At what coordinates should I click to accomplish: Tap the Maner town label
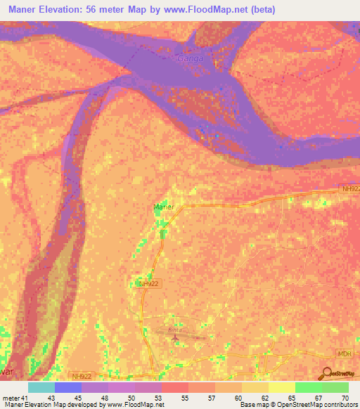163,207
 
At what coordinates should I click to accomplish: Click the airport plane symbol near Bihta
175,340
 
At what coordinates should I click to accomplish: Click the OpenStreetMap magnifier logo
328,374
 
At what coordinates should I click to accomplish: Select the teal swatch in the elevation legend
41,387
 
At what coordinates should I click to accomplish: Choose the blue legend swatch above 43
68,387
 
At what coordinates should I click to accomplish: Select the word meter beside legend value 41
11,397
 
